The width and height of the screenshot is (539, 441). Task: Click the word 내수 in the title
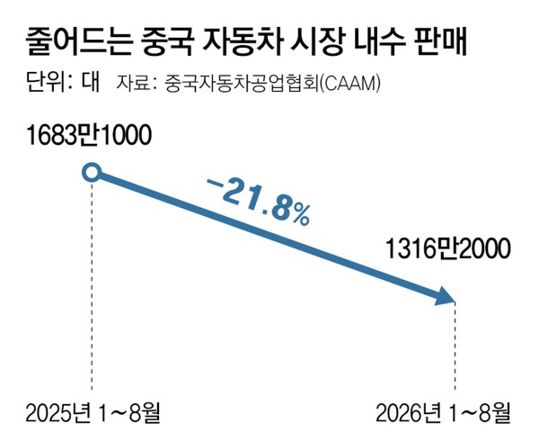tap(378, 42)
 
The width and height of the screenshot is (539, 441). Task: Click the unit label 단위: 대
tap(63, 83)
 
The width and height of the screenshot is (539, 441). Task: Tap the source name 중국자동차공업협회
tap(242, 83)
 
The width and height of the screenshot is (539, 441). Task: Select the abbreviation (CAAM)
tap(350, 84)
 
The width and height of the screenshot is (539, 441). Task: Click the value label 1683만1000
tap(89, 136)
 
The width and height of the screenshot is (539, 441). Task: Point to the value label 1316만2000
tap(448, 249)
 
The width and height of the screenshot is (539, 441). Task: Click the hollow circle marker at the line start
tap(92, 172)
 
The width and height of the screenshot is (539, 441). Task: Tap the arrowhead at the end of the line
tap(445, 296)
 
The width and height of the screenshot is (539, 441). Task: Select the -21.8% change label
tap(259, 202)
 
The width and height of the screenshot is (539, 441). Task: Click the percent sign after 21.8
tap(300, 215)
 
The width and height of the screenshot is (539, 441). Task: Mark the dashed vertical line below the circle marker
tap(92, 285)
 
